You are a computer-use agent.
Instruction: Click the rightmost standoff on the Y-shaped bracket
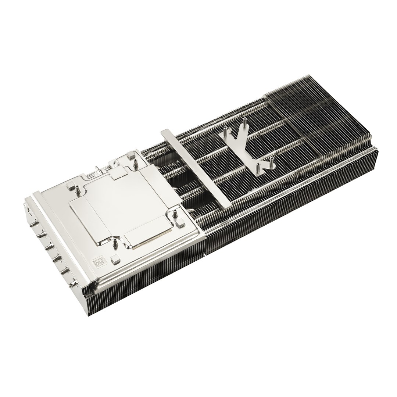pyautogui.click(x=272, y=159)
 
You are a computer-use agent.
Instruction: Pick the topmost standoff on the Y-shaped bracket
pyautogui.click(x=244, y=122)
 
